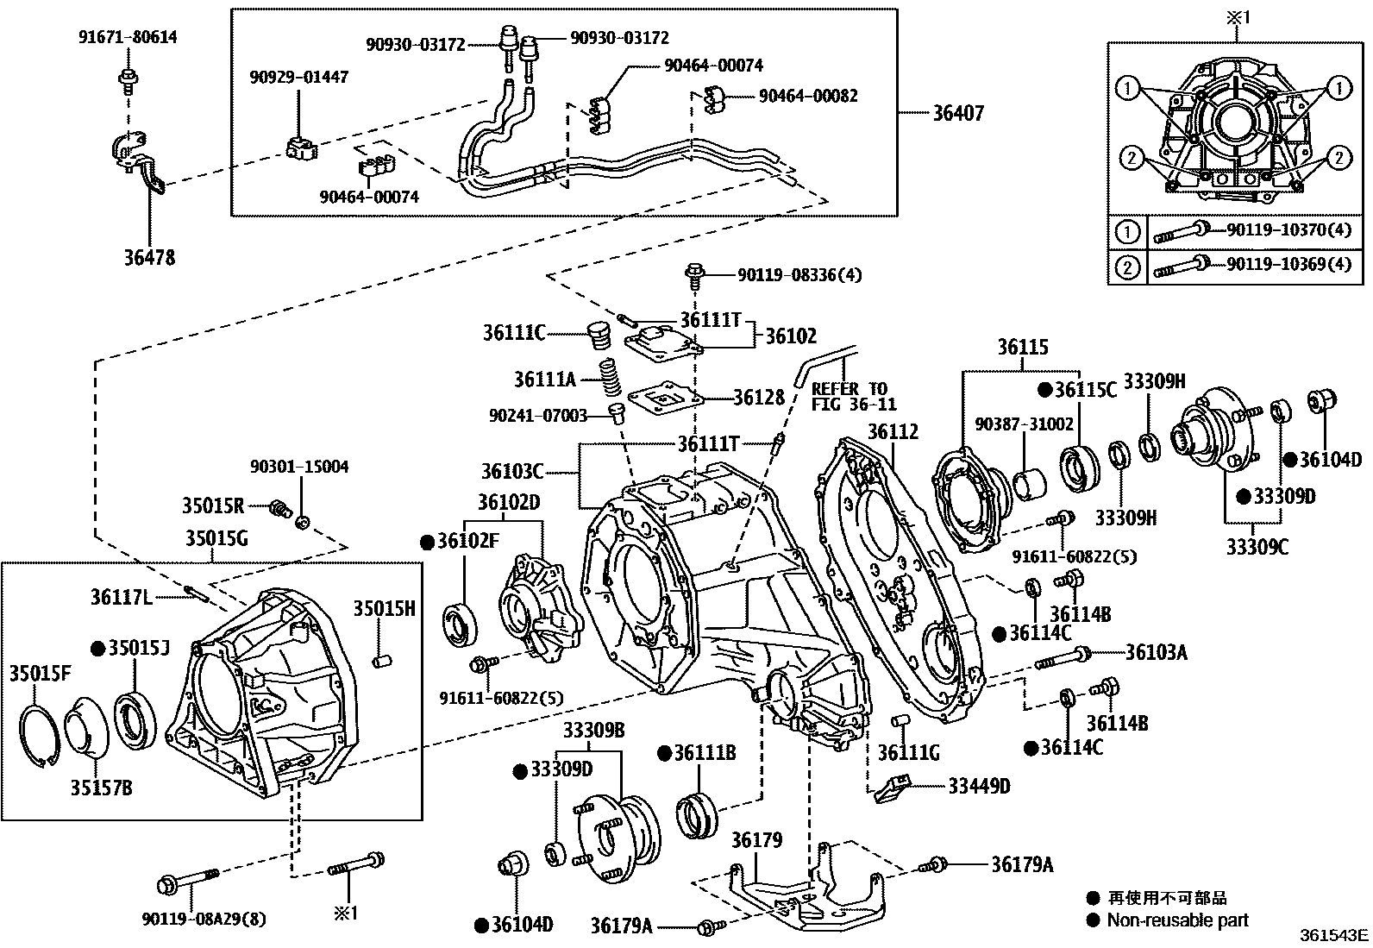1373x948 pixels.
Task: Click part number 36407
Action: [x=957, y=113]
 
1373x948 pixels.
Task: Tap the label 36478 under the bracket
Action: [x=149, y=257]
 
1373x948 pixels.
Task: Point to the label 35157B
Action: [x=101, y=788]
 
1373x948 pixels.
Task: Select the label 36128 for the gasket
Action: [x=759, y=397]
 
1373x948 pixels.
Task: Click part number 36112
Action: [x=893, y=432]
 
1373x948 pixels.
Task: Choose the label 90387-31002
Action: [x=1024, y=424]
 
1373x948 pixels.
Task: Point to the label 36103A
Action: [x=1156, y=652]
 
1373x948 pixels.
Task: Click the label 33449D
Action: [x=979, y=786]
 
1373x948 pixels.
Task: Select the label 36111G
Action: [x=908, y=752]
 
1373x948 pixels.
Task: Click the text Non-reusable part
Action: [x=1177, y=920]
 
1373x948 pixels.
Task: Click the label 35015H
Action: [x=384, y=609]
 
